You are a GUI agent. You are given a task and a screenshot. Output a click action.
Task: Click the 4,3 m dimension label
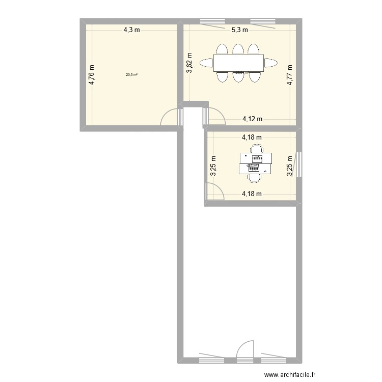131,30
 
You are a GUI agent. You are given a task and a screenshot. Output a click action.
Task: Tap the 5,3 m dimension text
240,30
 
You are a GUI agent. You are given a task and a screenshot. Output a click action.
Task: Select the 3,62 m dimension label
189,63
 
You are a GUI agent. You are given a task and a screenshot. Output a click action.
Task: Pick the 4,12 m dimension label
252,119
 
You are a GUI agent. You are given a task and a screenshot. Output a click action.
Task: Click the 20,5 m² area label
132,75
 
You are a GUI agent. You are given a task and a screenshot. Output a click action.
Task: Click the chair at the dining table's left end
207,63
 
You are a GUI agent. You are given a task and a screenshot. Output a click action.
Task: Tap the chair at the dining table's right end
271,63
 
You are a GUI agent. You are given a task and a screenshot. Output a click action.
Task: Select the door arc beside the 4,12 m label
215,116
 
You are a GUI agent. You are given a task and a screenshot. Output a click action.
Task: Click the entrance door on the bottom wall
245,349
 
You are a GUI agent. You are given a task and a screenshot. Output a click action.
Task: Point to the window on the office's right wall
299,164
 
